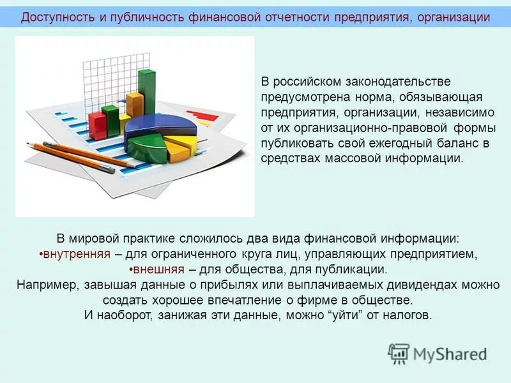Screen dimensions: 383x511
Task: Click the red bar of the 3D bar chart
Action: click(x=96, y=125)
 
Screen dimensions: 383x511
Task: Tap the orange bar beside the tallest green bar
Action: click(x=134, y=105)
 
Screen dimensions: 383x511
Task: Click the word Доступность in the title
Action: click(x=58, y=17)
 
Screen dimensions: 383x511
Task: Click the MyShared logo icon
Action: click(x=399, y=353)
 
